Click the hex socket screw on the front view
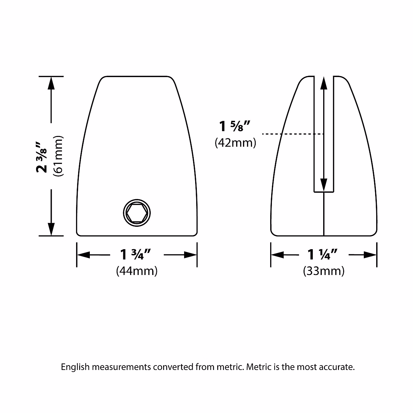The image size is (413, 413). coord(137,213)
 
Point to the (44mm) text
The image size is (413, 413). coord(137,271)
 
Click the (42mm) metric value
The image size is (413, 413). coord(235,142)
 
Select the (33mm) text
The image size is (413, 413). coord(324,271)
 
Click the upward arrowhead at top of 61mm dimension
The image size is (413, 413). coord(51,83)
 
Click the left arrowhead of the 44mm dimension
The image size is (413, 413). coord(83,255)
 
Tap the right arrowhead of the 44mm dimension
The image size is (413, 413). coord(190,255)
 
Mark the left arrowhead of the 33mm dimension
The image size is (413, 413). coord(277,255)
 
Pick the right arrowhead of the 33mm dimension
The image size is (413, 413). coord(370,255)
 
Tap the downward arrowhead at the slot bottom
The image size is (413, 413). coord(324,184)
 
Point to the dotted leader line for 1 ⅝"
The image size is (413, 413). coord(293,134)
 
